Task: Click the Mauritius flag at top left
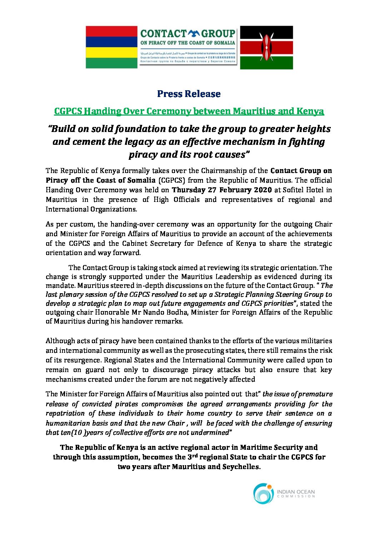pos(111,47)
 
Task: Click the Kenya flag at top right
pos(267,47)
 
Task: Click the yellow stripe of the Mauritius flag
pos(111,52)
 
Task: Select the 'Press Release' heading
pos(189,94)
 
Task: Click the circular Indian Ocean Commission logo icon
pos(263,494)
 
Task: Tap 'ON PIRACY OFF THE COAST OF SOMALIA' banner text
pos(188,43)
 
